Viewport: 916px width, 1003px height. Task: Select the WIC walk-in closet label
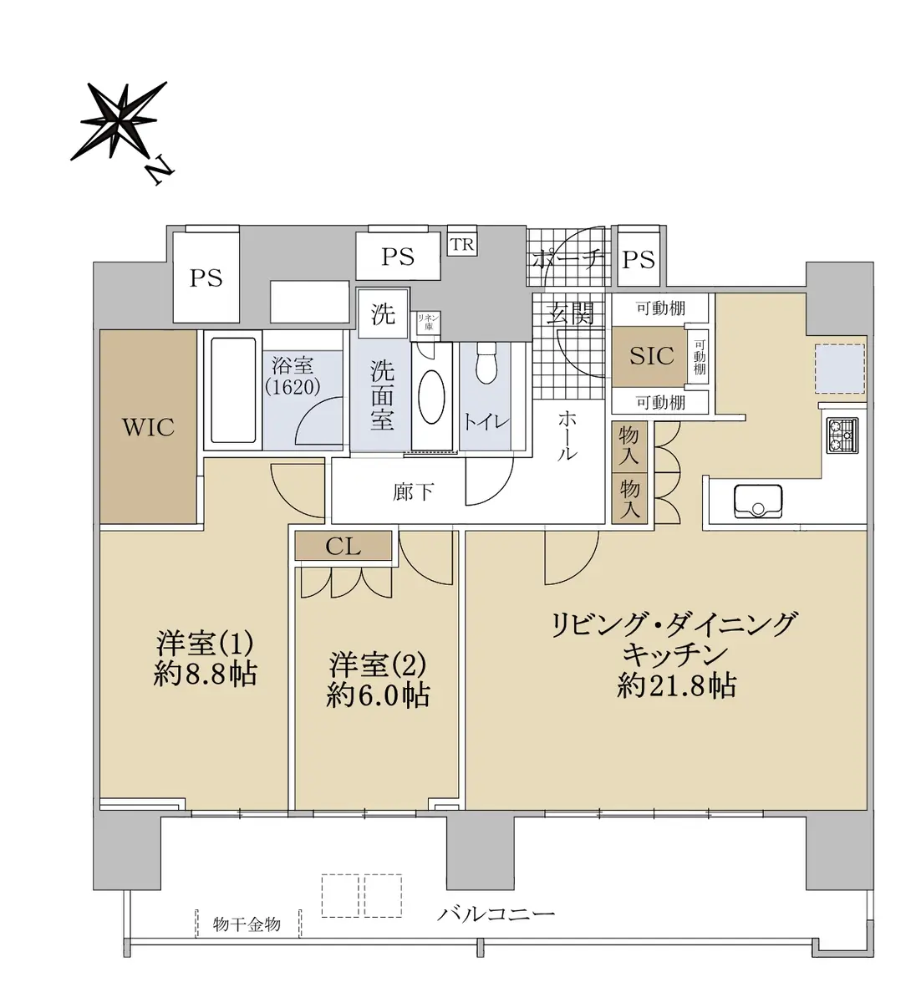tap(149, 427)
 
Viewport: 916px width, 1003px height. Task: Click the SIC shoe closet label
tap(652, 356)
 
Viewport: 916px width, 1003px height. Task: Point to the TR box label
tap(462, 245)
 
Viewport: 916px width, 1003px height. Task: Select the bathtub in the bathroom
tap(233, 390)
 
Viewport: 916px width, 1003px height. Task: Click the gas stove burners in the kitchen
tap(843, 435)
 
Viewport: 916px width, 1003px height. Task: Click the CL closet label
tap(343, 546)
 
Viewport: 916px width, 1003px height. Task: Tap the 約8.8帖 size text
tap(206, 675)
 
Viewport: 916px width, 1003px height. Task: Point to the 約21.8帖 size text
tap(676, 685)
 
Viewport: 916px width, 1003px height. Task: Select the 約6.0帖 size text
tap(378, 695)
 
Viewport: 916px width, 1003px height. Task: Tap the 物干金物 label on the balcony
tap(247, 924)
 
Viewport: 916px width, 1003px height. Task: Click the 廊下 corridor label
tap(413, 492)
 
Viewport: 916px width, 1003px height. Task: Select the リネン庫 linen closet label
tap(429, 323)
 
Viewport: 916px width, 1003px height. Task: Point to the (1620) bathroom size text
tap(293, 388)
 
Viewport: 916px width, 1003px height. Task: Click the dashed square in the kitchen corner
tap(839, 369)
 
